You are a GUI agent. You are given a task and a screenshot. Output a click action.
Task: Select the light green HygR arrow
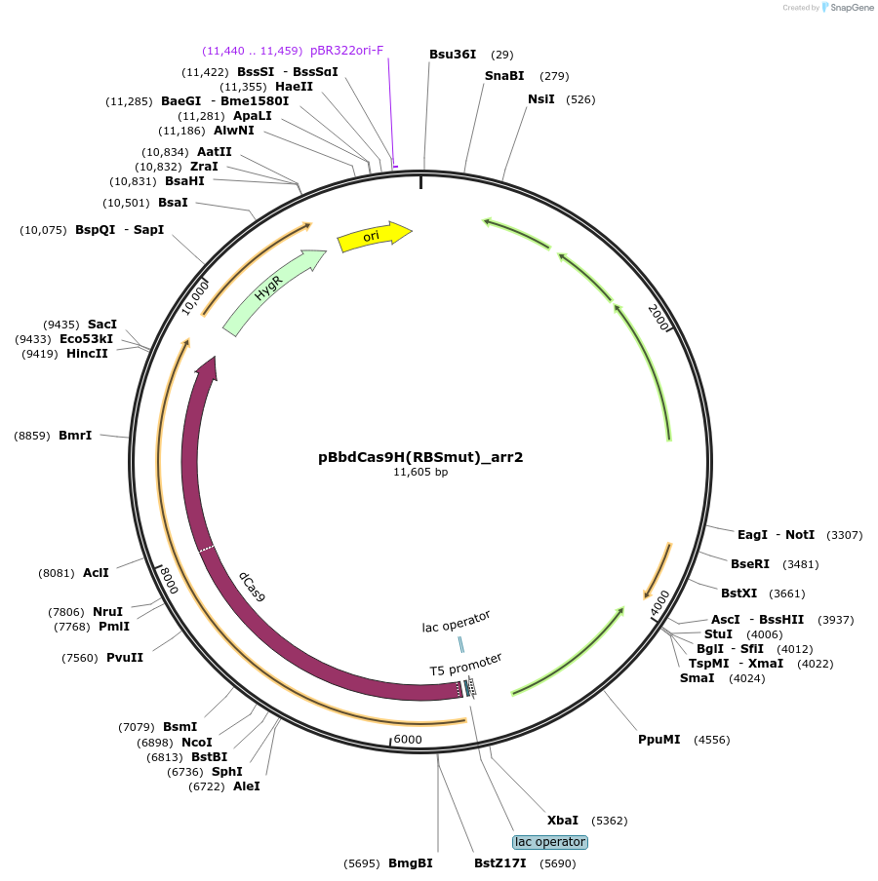click(x=273, y=290)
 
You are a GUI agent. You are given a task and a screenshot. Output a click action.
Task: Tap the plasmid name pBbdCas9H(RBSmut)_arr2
click(x=420, y=456)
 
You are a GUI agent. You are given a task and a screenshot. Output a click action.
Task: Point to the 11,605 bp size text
click(x=420, y=472)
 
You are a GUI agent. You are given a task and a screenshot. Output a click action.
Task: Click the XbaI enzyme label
click(x=562, y=821)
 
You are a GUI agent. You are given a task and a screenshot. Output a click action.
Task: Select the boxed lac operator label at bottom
click(x=550, y=842)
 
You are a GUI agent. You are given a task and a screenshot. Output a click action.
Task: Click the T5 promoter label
click(x=466, y=665)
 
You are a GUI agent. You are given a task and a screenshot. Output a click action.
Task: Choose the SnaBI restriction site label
click(x=504, y=76)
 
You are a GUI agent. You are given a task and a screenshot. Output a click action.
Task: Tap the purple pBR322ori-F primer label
click(x=346, y=50)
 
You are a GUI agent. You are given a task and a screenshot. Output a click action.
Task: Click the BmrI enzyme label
click(x=75, y=435)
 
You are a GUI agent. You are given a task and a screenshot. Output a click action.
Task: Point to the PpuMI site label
click(x=659, y=740)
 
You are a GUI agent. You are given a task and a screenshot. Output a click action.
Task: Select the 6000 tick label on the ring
click(x=408, y=740)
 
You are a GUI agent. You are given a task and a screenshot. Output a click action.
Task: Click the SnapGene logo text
click(x=852, y=8)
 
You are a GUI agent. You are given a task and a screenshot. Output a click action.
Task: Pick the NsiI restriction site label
click(x=541, y=99)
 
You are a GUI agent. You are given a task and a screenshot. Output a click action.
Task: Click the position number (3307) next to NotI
click(x=844, y=535)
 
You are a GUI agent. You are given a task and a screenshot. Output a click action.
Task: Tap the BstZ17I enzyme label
click(x=500, y=863)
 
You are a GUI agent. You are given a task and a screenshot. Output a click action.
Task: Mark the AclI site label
click(x=96, y=573)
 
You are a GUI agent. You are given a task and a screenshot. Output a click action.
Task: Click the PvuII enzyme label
click(x=124, y=658)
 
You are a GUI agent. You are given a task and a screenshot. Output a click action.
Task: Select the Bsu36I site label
click(x=453, y=55)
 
